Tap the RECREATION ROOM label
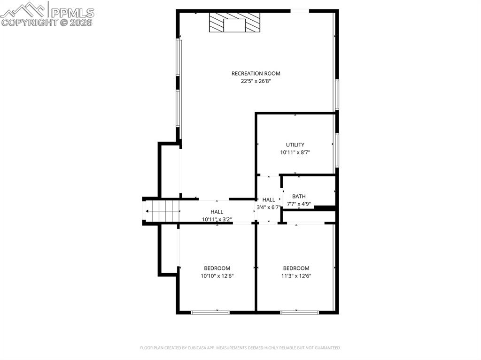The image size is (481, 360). (256, 73)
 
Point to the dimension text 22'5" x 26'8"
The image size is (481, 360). (256, 81)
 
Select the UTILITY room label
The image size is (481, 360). (295, 145)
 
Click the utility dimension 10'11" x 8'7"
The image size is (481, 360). (295, 153)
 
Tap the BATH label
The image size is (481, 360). (299, 196)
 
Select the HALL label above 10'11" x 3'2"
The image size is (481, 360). (217, 212)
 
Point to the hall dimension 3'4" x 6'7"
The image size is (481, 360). (268, 207)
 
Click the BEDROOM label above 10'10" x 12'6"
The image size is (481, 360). (217, 268)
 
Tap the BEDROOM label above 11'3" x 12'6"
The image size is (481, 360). (296, 268)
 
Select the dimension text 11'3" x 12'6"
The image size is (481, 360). (296, 276)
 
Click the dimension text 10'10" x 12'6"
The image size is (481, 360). (217, 276)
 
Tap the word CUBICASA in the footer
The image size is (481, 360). (192, 348)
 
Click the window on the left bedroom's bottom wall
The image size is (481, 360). (210, 312)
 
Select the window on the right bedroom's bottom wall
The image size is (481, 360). (299, 312)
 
